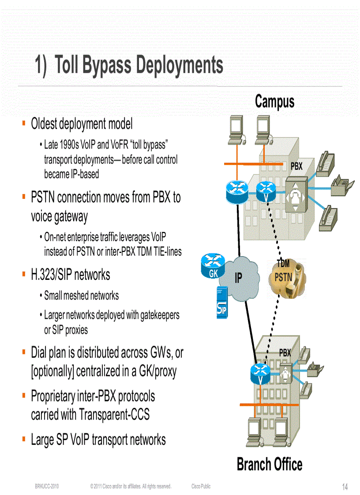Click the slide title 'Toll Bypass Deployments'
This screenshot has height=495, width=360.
129,65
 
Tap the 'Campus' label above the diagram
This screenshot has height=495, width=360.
274,101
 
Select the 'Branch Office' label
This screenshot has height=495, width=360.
269,464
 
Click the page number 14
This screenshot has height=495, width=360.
345,487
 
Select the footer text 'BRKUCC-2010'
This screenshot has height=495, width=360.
47,486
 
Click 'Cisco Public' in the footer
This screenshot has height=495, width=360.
201,486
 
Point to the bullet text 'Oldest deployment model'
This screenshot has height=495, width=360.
82,124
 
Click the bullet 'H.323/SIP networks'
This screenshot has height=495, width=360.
71,275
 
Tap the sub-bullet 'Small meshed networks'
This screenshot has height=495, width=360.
81,295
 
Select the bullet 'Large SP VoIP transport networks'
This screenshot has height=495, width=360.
98,439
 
